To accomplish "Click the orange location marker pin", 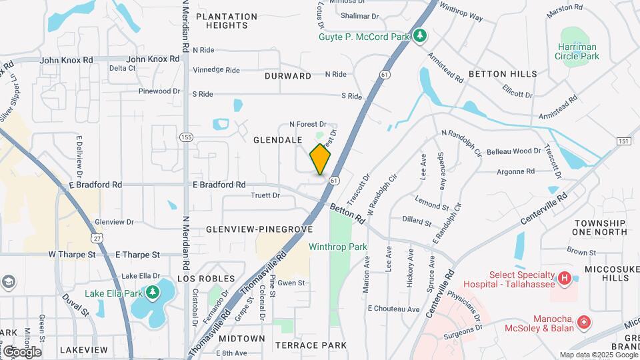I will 320,160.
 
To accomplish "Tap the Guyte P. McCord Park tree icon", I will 419,35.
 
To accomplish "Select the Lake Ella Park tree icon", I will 153,291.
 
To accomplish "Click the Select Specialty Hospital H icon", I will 564,277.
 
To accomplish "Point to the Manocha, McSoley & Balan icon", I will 584,323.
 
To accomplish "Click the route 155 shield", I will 186,137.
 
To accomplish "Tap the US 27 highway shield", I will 98,237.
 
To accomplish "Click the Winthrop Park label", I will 338,247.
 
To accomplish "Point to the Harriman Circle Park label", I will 577,51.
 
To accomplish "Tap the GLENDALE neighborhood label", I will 277,140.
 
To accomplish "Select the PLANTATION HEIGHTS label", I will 227,21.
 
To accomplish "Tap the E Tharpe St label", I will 138,255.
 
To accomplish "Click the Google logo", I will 22,351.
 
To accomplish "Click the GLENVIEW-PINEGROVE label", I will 259,229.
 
